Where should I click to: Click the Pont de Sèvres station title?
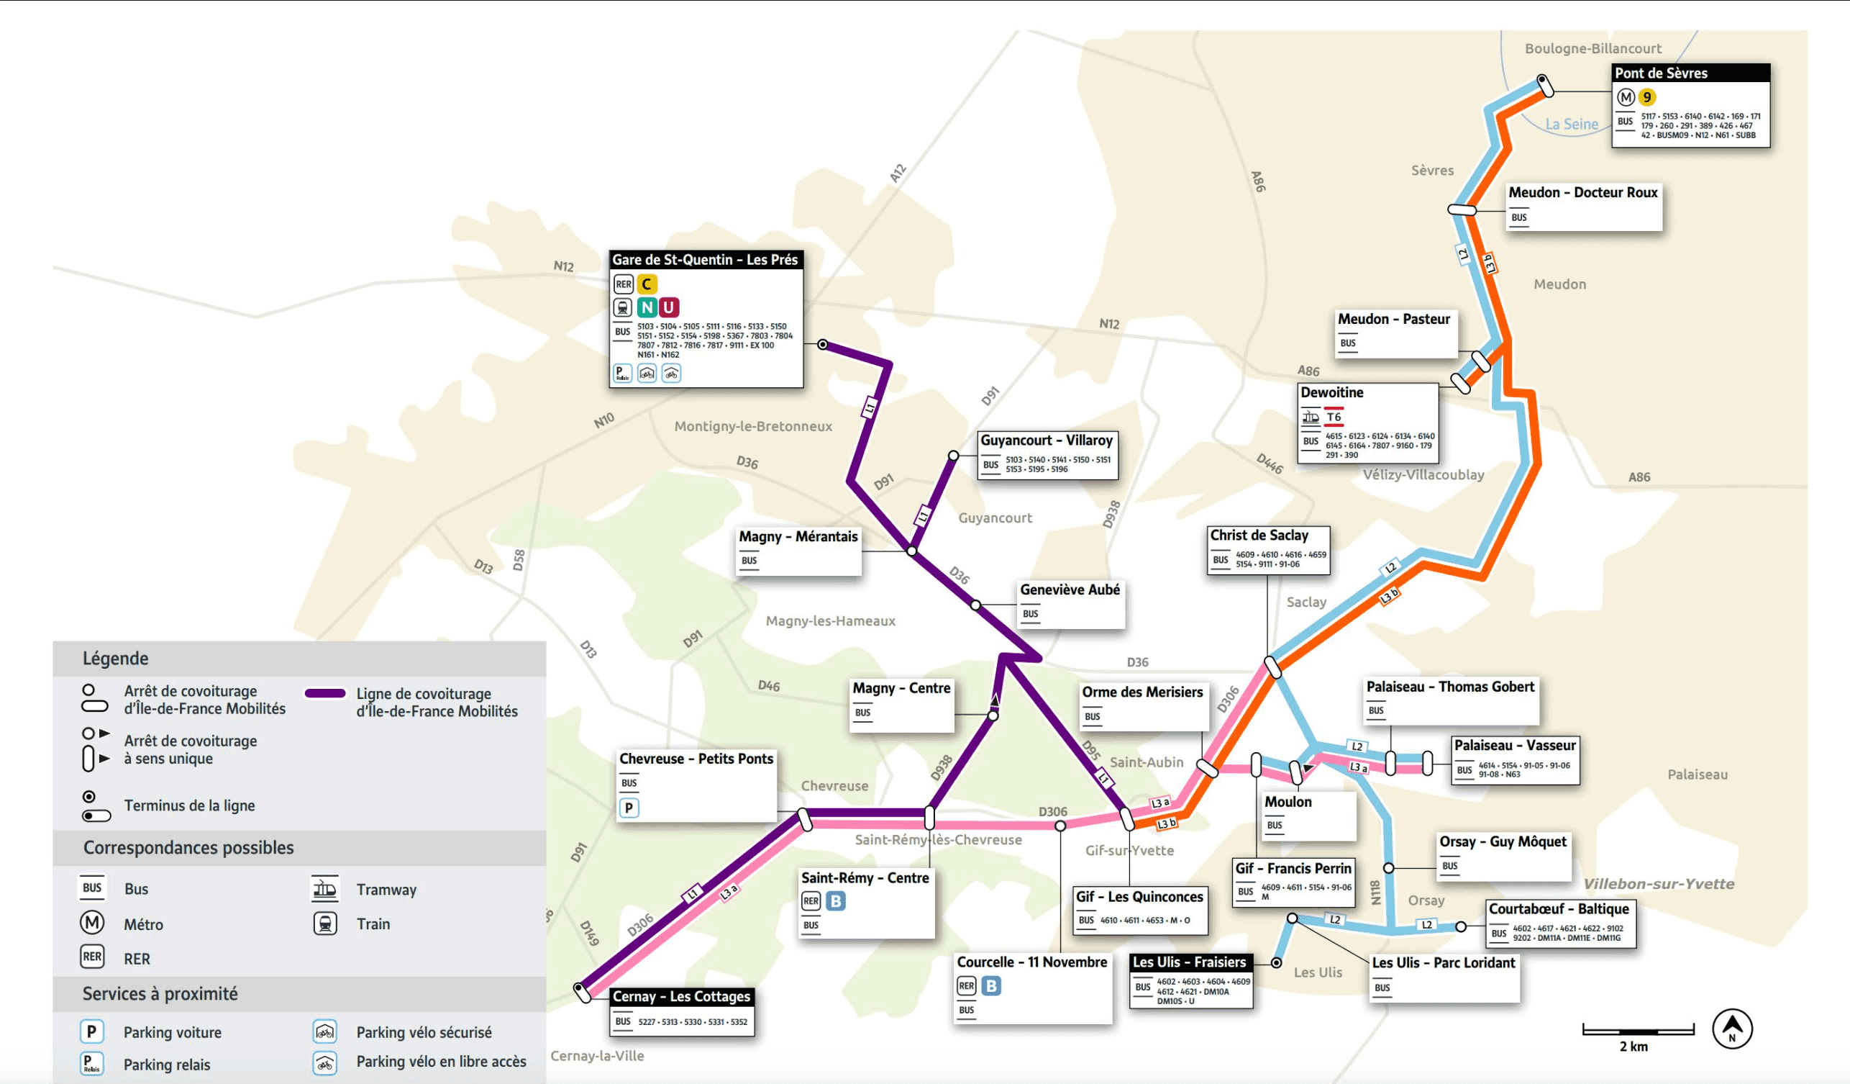pos(1661,73)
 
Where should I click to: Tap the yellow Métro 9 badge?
pos(1646,97)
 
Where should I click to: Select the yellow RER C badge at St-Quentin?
pos(646,284)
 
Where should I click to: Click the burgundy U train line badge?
pos(668,307)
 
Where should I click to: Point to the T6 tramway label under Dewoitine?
pos(1334,417)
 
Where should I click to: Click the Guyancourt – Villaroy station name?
pos(1046,440)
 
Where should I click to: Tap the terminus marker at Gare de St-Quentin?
pos(823,345)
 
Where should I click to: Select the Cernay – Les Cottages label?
pos(681,997)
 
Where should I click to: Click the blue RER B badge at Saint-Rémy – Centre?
pos(835,900)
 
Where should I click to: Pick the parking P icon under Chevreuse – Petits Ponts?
pos(629,808)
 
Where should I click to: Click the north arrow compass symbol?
pos(1732,1028)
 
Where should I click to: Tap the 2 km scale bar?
pos(1638,1031)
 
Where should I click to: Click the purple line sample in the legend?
pos(325,693)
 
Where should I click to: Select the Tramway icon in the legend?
pos(324,889)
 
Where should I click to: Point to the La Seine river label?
pos(1571,124)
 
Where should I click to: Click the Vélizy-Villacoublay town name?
pos(1423,474)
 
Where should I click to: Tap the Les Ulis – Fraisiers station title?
pos(1188,962)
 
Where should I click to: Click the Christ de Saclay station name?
pos(1259,536)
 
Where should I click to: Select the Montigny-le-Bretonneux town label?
pos(752,426)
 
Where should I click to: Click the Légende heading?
pos(115,658)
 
